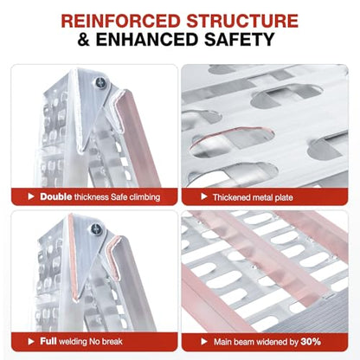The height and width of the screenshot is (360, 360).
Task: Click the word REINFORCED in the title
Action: [120, 21]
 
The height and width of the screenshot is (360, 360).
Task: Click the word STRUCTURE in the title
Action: [242, 21]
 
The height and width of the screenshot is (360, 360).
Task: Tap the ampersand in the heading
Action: [84, 39]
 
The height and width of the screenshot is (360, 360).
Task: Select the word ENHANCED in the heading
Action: [147, 39]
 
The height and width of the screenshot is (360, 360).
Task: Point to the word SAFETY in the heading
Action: [240, 39]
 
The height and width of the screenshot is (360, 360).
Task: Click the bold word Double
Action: [56, 196]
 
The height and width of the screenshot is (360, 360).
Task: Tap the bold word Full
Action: [48, 341]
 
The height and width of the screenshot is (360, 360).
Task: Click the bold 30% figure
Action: [311, 342]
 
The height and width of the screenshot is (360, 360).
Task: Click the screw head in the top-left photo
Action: [101, 82]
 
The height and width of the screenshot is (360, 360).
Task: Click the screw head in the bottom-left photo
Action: [96, 229]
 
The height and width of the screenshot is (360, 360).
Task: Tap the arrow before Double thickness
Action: [31, 196]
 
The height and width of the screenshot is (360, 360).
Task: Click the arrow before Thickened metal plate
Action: [204, 196]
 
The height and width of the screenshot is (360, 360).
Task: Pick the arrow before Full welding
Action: [31, 342]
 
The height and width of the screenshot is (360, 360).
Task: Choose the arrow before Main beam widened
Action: [204, 342]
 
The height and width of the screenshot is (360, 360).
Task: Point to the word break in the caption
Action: [112, 342]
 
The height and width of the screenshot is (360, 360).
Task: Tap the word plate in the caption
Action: [283, 198]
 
